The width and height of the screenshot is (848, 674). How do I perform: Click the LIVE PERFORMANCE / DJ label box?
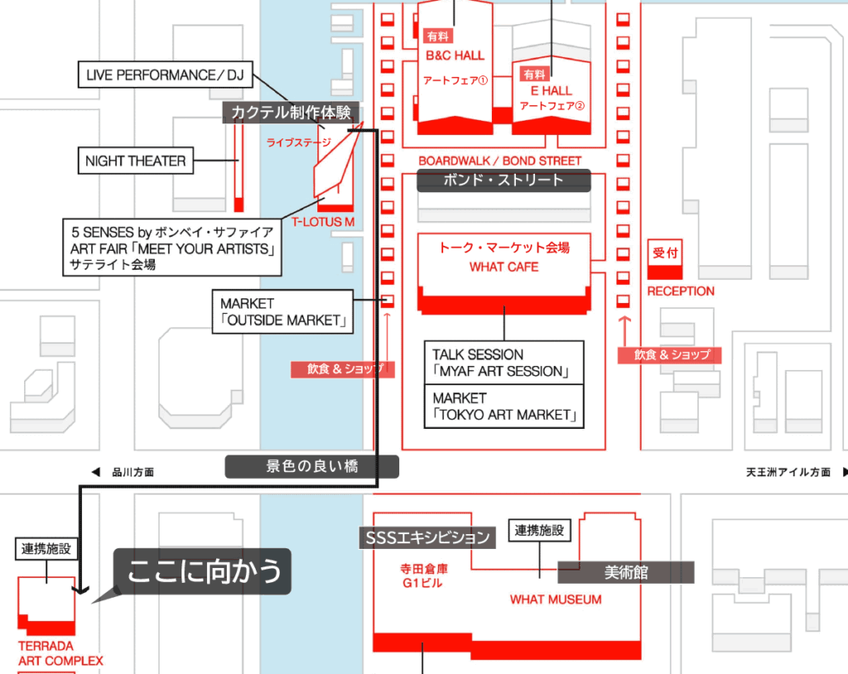coord(165,75)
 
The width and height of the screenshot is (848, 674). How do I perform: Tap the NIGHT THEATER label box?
coord(136,161)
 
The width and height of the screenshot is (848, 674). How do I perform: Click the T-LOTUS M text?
coord(323,222)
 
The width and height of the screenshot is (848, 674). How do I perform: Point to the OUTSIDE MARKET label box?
coord(282,311)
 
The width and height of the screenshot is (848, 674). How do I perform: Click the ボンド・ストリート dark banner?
coord(503,181)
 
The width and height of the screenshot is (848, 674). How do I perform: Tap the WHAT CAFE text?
coord(503,267)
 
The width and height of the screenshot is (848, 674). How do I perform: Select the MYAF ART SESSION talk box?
coord(503,363)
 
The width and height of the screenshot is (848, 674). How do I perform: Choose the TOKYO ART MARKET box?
coord(503,406)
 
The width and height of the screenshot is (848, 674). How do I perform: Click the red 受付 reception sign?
coord(665,253)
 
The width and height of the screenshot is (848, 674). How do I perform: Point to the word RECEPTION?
coord(681,291)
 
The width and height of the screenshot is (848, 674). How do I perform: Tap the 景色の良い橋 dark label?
coord(311,467)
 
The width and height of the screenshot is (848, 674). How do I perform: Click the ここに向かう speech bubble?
coord(204,571)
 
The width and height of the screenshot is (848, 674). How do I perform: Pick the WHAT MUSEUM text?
coord(556,599)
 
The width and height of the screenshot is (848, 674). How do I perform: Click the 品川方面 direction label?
coord(132,473)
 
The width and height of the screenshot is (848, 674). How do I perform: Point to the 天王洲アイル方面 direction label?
coord(788,473)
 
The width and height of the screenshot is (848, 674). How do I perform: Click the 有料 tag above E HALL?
coord(529,73)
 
